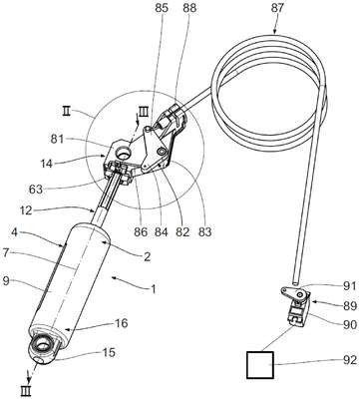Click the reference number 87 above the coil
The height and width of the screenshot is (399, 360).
point(276,8)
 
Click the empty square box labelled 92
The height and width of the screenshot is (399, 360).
point(260,365)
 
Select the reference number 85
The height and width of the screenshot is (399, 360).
point(162,8)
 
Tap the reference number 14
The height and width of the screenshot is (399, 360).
point(47,164)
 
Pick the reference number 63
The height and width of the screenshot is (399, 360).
point(36,190)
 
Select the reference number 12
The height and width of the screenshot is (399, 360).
point(25,210)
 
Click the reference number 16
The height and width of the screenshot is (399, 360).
point(122,323)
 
